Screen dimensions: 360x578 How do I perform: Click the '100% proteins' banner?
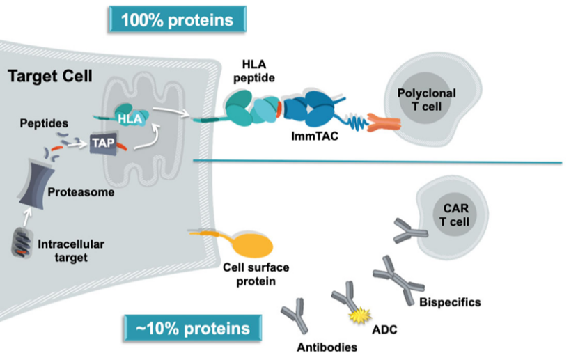tap(178, 19)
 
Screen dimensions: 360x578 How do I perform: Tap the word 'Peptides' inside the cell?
tap(43, 123)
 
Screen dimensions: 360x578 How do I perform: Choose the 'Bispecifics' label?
tap(450, 302)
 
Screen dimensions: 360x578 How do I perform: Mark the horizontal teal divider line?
tap(376, 162)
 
